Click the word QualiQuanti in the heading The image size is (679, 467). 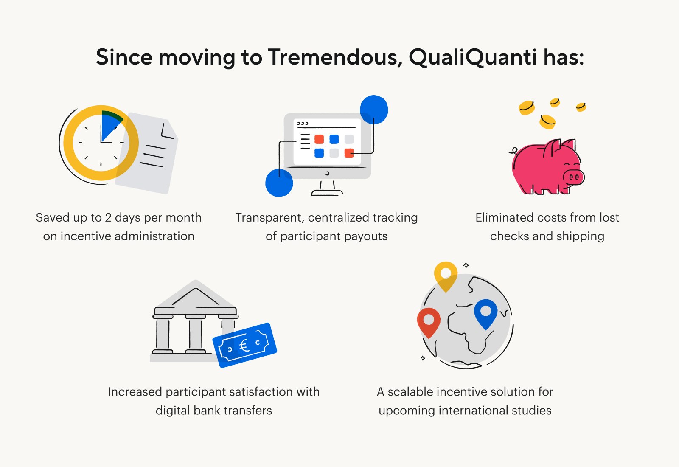(473, 57)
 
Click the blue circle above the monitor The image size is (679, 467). (374, 110)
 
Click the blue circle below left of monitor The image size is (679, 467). (279, 183)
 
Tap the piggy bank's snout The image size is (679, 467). (573, 177)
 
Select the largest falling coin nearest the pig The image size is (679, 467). (547, 122)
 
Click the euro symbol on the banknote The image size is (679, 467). (244, 345)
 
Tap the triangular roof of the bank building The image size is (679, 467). (195, 295)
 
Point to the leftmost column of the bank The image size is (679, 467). (163, 335)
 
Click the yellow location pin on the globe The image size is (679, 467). (446, 274)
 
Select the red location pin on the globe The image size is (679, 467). (429, 321)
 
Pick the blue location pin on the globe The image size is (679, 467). (485, 312)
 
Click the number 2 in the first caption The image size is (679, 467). (108, 217)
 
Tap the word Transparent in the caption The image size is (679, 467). (269, 217)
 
